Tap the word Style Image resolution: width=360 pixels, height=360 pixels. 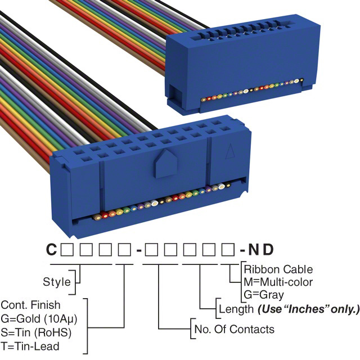pos(57,282)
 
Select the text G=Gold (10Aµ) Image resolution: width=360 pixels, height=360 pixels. pos(39,318)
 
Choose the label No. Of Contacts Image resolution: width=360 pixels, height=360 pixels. pos(233,329)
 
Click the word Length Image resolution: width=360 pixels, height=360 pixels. pos(236,309)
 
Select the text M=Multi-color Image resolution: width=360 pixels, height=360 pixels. pos(278,282)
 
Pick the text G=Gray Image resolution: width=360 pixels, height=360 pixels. pos(264,294)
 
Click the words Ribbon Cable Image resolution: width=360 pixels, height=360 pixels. pos(278,269)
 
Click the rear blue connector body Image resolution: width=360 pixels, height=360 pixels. pos(236,62)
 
